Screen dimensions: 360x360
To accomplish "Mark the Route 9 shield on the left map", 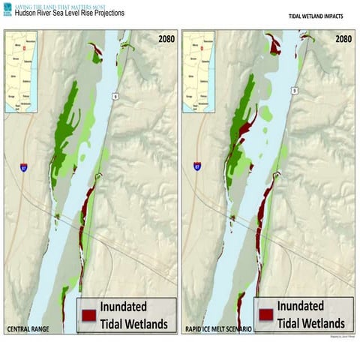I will coord(115,96).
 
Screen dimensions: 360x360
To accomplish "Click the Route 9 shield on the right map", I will coord(295,91).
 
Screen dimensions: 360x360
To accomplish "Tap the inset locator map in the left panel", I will coord(26,72).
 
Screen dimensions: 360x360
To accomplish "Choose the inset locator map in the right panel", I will coord(199,72).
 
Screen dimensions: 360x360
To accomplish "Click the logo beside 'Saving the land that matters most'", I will coord(8,9).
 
